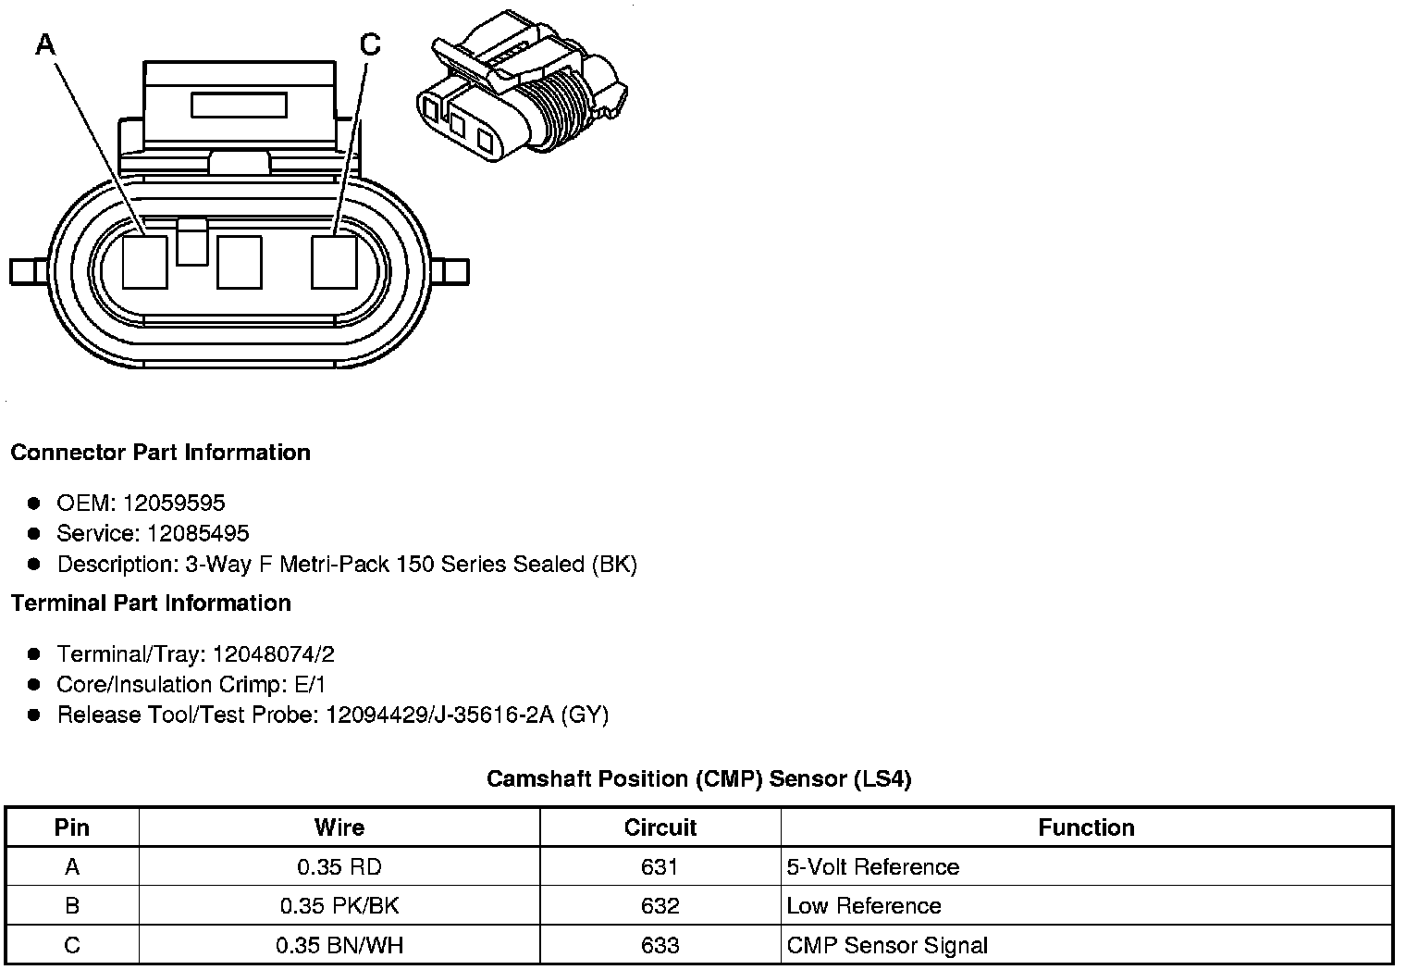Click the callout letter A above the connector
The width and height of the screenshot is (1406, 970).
pyautogui.click(x=45, y=44)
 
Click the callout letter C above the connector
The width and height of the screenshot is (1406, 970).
pyautogui.click(x=370, y=44)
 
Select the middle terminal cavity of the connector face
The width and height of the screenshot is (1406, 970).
pyautogui.click(x=240, y=262)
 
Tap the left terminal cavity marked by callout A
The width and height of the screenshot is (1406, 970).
pyautogui.click(x=145, y=262)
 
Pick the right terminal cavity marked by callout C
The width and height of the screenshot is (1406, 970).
pyautogui.click(x=334, y=262)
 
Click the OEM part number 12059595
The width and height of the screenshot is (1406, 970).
pyautogui.click(x=174, y=503)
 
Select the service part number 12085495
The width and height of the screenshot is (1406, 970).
pyautogui.click(x=198, y=533)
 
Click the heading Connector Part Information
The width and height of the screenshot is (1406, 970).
pyautogui.click(x=160, y=453)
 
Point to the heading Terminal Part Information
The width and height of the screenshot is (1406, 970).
pyautogui.click(x=151, y=603)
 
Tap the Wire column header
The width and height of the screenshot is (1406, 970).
pyautogui.click(x=339, y=827)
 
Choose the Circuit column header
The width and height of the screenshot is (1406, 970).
pyautogui.click(x=660, y=827)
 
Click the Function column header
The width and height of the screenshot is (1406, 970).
pyautogui.click(x=1086, y=827)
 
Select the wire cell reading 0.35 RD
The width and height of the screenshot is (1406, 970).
pyautogui.click(x=339, y=867)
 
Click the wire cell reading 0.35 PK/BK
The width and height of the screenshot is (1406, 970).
pyautogui.click(x=339, y=906)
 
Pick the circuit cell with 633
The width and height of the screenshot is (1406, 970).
pyautogui.click(x=660, y=945)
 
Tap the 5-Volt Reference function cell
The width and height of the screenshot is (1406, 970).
pyautogui.click(x=872, y=867)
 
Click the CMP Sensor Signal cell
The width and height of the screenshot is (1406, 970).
pyautogui.click(x=886, y=945)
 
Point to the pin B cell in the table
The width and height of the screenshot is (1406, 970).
pyautogui.click(x=72, y=906)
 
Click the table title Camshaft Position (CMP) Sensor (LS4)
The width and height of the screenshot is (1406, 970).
pyautogui.click(x=699, y=778)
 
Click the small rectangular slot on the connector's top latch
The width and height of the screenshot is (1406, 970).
pyautogui.click(x=239, y=105)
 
